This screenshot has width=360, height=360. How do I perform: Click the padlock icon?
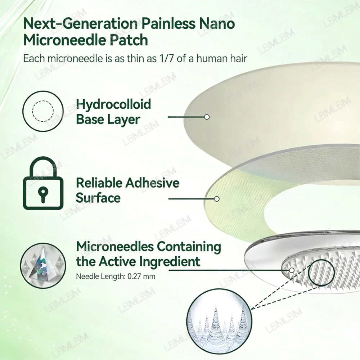tap(43, 183)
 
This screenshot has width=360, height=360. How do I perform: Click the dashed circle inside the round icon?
tap(43, 111)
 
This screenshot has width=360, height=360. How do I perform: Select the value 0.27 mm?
tap(141, 276)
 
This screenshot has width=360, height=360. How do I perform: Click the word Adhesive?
tap(152, 183)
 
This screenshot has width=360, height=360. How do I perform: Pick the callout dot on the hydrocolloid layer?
tap(207, 117)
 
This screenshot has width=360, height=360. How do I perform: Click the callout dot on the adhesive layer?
tap(216, 199)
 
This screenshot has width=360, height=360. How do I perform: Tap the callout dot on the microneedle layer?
tap(292, 270)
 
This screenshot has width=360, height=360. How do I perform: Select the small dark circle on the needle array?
tap(321, 273)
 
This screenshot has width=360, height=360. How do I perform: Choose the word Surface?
tap(98, 198)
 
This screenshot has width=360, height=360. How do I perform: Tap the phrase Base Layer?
tap(108, 120)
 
